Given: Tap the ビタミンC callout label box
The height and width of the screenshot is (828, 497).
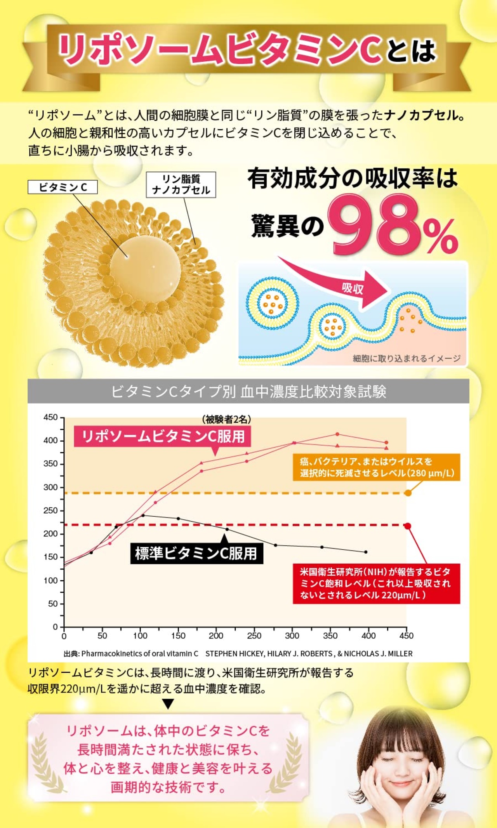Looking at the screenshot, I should [x=63, y=187].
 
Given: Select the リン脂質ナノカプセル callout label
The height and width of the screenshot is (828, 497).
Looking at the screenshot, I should [x=181, y=185].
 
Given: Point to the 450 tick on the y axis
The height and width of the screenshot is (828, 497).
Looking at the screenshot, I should [x=50, y=417].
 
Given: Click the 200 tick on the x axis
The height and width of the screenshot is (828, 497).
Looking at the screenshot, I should [x=216, y=636].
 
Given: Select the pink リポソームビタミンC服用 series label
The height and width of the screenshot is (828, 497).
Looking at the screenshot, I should [x=163, y=436].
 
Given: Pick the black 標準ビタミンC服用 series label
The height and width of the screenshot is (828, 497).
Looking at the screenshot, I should [x=196, y=553].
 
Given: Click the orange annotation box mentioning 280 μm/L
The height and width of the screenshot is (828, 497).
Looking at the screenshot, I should [x=376, y=467].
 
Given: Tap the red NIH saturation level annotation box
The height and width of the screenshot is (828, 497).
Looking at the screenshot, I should [x=376, y=583].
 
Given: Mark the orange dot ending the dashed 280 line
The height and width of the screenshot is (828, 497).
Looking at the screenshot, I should [x=408, y=493].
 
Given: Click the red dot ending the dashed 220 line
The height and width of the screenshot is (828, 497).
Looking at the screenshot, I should [x=408, y=526].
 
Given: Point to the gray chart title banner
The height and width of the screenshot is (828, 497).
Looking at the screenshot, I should [x=248, y=391].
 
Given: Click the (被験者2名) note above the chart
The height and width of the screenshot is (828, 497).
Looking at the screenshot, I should [x=226, y=419].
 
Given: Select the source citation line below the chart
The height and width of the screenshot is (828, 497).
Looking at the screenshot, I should [x=238, y=654].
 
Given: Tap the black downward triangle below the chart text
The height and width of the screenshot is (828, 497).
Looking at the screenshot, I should [x=168, y=704].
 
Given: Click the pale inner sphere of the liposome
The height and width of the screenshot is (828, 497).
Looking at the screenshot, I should [x=146, y=268].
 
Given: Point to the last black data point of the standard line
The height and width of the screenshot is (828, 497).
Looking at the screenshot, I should [x=366, y=552].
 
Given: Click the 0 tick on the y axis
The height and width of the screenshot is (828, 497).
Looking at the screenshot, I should [x=55, y=627].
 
